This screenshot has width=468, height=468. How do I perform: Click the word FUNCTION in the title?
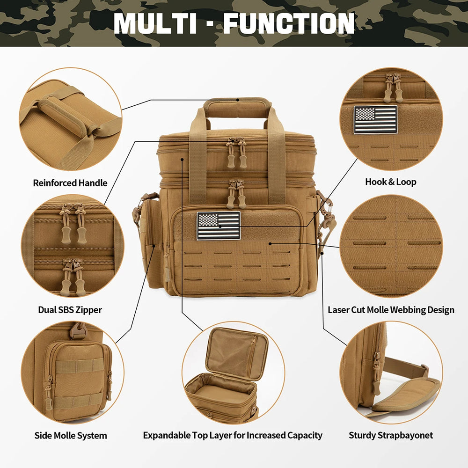[x=288, y=23]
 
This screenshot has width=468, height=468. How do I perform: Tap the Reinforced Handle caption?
[x=70, y=183]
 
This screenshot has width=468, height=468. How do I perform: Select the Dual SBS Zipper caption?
[x=70, y=309]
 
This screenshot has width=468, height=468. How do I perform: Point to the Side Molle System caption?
[x=71, y=435]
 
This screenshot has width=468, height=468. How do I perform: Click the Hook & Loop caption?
[x=390, y=182]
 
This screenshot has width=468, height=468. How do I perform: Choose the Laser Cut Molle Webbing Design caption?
[x=391, y=310]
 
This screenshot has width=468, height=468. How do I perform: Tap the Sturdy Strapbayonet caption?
[x=391, y=435]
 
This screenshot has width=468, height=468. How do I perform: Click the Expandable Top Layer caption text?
[x=233, y=435]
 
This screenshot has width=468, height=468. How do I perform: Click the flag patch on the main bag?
[x=219, y=226]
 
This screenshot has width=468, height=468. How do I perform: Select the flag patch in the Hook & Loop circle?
[x=375, y=119]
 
